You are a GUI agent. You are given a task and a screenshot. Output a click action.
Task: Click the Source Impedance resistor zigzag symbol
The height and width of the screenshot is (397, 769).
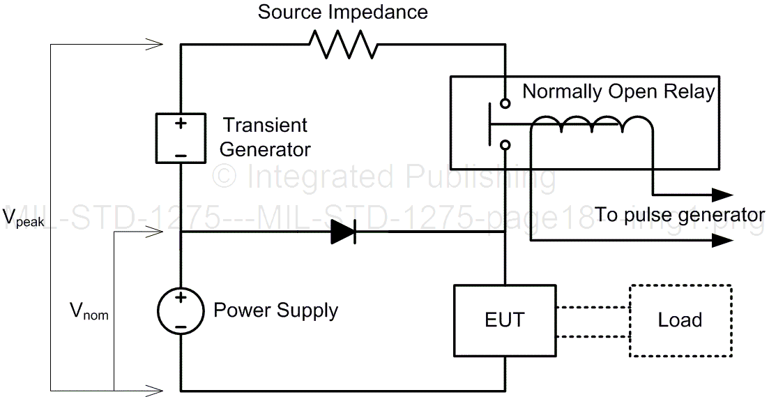(x=343, y=46)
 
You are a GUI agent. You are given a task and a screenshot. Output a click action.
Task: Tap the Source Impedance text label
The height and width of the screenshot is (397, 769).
(x=342, y=13)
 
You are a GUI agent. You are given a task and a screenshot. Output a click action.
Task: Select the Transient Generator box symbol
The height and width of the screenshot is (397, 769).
(x=181, y=137)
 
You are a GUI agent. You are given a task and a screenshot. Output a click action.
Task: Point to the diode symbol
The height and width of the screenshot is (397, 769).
(x=343, y=232)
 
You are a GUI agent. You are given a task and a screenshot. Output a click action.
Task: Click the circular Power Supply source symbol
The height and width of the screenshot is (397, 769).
(x=181, y=310)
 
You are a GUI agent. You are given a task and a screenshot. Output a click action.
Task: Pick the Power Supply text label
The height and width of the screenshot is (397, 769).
(x=275, y=310)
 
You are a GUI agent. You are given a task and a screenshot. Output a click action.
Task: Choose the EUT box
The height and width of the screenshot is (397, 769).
(x=505, y=320)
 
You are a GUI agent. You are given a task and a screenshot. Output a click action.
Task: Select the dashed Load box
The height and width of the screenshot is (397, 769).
(x=680, y=320)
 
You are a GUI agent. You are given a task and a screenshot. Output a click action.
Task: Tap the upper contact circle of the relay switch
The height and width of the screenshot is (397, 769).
(x=505, y=103)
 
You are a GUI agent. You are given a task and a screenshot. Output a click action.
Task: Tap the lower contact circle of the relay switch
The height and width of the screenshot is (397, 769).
(x=505, y=145)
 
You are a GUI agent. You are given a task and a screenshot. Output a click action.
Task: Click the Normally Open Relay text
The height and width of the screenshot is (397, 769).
(x=618, y=91)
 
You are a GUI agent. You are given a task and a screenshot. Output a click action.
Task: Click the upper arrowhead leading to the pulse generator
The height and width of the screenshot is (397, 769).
(x=722, y=195)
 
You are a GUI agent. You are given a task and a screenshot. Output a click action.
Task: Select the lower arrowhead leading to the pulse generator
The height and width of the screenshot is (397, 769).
(x=722, y=241)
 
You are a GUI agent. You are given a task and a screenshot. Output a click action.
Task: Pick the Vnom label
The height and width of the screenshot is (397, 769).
(x=89, y=312)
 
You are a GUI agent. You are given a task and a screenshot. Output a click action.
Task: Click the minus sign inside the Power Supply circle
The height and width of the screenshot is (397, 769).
(x=181, y=324)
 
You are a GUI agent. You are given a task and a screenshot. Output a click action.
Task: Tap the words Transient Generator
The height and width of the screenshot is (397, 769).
(x=266, y=137)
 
